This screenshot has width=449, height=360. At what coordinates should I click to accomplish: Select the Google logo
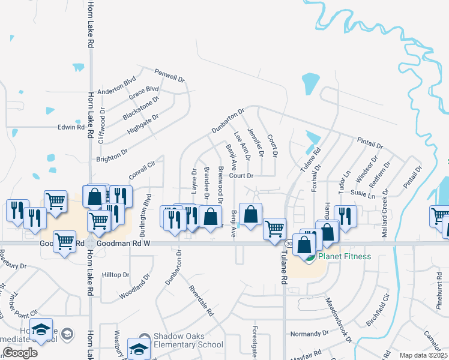coord(20,353)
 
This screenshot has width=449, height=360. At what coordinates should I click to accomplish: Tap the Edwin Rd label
coord(71,127)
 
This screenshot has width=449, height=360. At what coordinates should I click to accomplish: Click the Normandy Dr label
coord(310,332)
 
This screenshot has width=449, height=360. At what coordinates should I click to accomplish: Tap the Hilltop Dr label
coord(116,274)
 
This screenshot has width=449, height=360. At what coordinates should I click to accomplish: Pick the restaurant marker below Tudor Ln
coord(345,214)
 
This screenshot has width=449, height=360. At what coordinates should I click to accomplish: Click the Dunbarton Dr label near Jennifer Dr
coord(228,121)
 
